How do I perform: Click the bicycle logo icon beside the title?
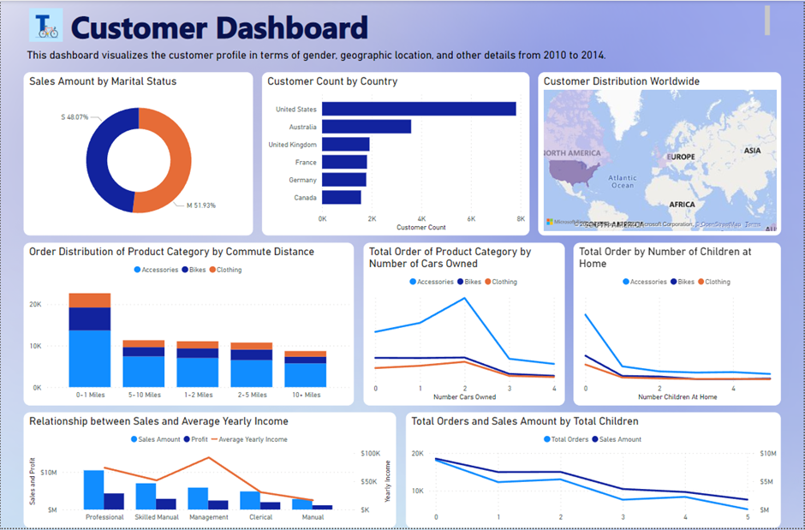click(x=45, y=27)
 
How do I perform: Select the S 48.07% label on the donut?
click(x=75, y=116)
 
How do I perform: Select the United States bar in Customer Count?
click(x=419, y=109)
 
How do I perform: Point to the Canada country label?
click(x=304, y=198)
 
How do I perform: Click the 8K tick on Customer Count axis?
click(x=520, y=219)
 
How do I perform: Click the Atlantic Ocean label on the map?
click(x=623, y=182)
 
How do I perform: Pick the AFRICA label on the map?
click(x=682, y=205)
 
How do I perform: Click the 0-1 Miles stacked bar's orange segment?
click(x=90, y=300)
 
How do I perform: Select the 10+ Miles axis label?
click(x=306, y=395)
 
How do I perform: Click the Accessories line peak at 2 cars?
click(x=464, y=298)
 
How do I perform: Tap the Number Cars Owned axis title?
click(x=464, y=397)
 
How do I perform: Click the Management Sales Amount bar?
click(x=199, y=498)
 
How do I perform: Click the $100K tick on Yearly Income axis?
click(x=370, y=454)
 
